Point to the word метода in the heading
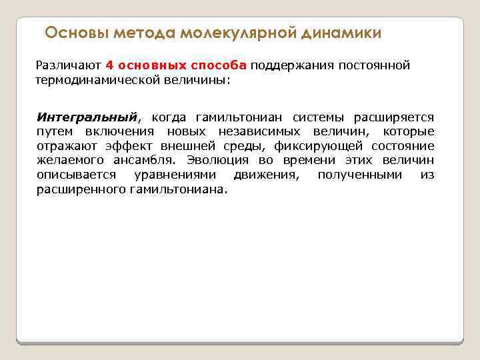point(141,33)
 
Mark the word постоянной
point(374,65)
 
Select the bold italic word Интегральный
point(87,117)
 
